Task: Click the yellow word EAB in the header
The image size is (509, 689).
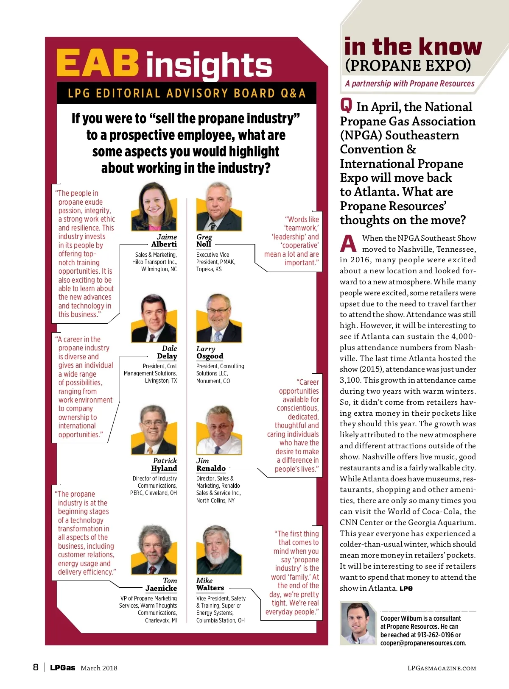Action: click(98, 63)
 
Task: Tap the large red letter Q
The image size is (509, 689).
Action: click(346, 104)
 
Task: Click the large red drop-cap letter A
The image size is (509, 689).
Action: click(348, 243)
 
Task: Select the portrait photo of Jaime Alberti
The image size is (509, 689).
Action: click(154, 207)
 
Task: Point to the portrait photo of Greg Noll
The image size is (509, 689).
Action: click(219, 207)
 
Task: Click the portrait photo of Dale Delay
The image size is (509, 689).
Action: click(154, 319)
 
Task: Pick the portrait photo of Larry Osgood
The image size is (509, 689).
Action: click(219, 319)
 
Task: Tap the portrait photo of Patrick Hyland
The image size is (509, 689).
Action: click(154, 431)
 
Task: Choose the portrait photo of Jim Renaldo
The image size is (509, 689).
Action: click(219, 431)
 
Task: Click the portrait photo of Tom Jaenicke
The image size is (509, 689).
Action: click(154, 550)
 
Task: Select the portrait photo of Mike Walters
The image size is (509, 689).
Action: click(219, 550)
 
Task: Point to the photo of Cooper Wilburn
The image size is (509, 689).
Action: click(358, 623)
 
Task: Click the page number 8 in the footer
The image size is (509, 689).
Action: click(36, 667)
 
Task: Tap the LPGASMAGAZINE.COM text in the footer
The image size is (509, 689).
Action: click(442, 668)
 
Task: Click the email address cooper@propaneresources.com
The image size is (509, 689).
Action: click(423, 643)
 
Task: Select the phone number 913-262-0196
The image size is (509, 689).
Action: click(435, 635)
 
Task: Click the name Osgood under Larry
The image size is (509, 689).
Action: click(210, 356)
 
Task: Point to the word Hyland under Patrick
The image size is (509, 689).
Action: click(164, 468)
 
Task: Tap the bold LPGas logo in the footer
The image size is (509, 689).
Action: click(62, 668)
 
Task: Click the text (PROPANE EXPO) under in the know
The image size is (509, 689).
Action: click(408, 66)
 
